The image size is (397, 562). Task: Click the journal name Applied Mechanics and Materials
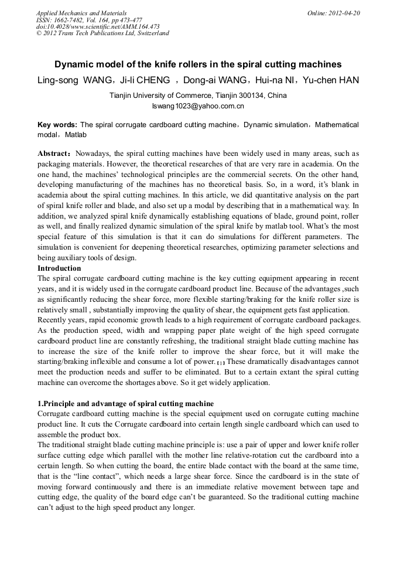[81, 12]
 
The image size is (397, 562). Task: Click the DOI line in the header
[98, 26]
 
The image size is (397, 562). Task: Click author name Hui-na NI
[276, 80]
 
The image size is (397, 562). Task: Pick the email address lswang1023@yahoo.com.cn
[198, 106]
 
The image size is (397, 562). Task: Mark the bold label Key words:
[57, 125]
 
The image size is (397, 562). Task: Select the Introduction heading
[59, 268]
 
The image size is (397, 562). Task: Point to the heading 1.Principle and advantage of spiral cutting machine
[125, 404]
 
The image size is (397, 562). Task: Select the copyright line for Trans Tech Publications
[102, 33]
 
